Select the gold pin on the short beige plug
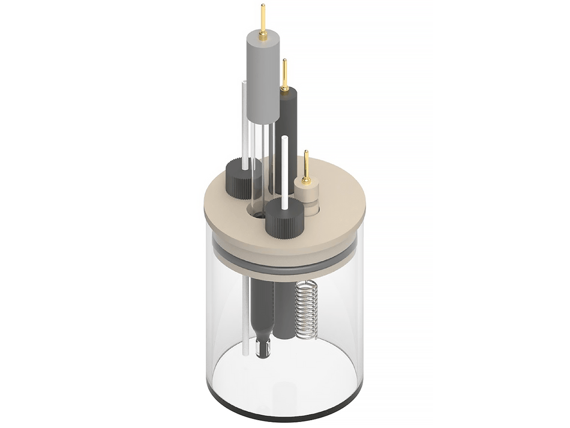306,167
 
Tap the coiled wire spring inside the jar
306,309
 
